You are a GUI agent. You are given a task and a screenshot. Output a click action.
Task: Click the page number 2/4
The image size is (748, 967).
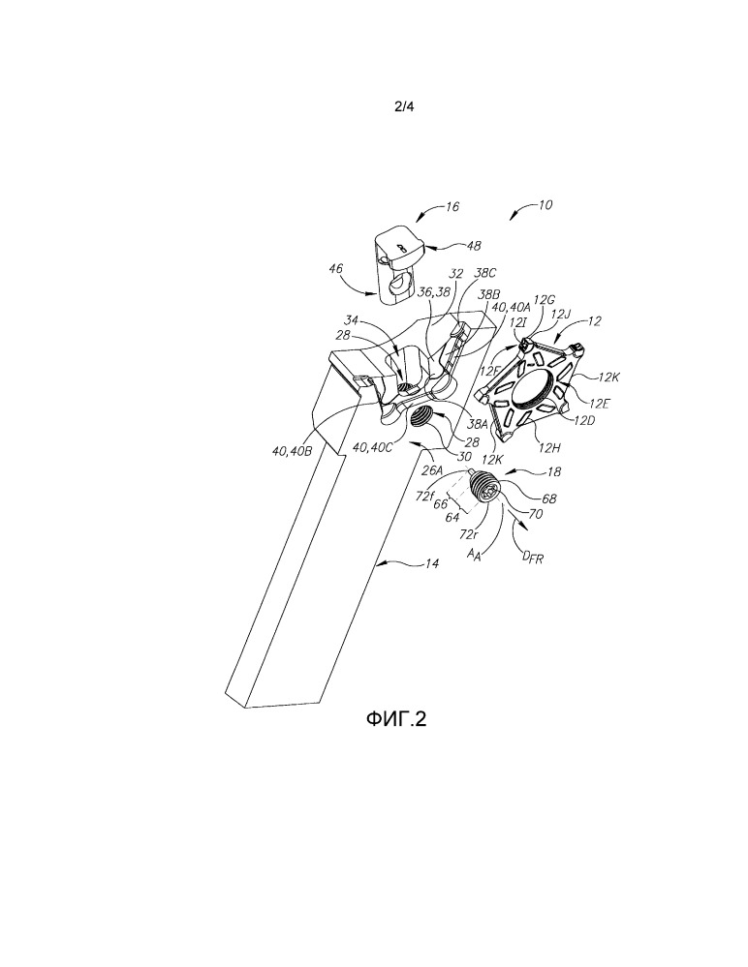[x=404, y=106]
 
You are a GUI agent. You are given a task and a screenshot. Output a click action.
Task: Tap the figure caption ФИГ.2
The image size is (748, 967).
[x=395, y=718]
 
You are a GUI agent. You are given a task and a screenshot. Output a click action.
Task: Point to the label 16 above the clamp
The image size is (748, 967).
[x=452, y=206]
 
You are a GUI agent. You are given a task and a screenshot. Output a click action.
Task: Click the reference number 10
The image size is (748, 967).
[x=545, y=205]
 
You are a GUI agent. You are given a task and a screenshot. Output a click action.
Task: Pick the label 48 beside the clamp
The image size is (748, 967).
[x=474, y=246]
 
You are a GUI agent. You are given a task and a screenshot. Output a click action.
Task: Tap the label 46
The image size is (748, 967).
[x=336, y=268]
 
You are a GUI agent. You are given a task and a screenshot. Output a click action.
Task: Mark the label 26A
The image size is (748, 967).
[x=433, y=470]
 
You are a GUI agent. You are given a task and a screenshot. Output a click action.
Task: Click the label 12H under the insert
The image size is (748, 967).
[x=548, y=448]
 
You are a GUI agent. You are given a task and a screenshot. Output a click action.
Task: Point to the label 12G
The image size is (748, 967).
[x=544, y=300]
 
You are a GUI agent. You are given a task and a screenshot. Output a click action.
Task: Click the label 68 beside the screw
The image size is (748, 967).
[x=548, y=499]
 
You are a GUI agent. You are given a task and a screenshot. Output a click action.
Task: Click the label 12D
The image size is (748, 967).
[x=583, y=420]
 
